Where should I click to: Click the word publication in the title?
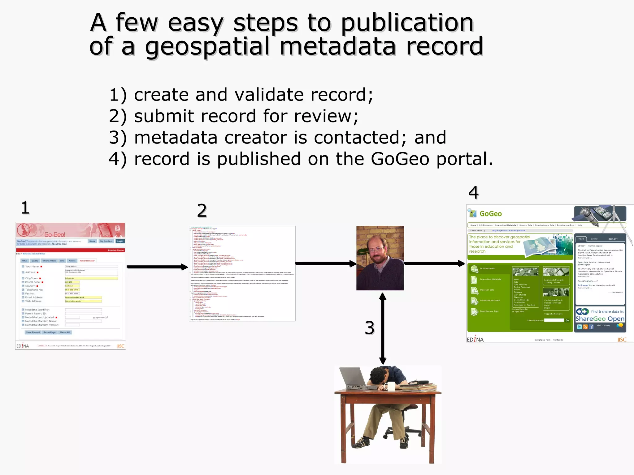tap(407, 23)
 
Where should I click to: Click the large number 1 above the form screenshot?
tap(25, 208)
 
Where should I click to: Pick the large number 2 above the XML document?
tap(202, 211)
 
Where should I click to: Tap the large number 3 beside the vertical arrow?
tap(370, 328)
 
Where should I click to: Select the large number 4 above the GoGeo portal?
tap(474, 193)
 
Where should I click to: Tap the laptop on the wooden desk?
tap(354, 379)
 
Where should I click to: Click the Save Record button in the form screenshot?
tap(33, 332)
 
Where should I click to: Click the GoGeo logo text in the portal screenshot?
tap(490, 214)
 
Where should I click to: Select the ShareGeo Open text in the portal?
tap(600, 319)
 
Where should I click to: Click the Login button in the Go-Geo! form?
tap(120, 241)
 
